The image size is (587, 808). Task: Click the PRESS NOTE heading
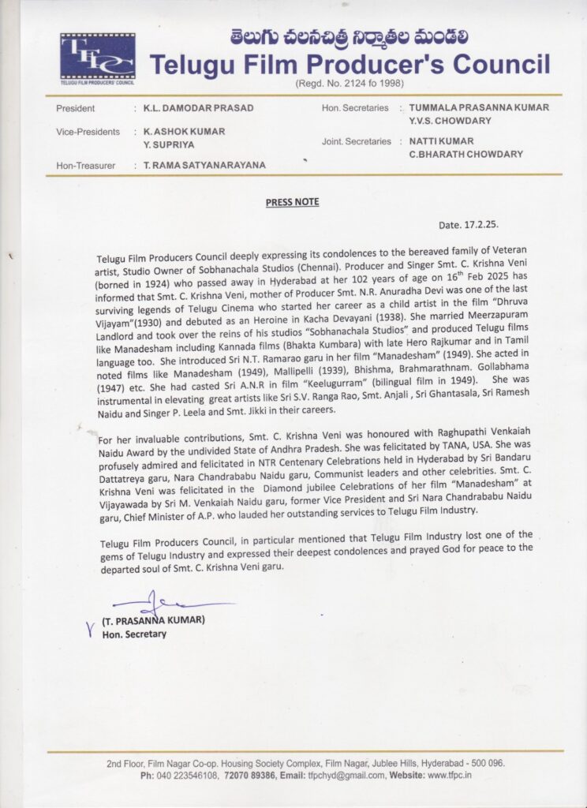pyautogui.click(x=292, y=202)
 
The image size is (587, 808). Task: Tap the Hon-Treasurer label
pyautogui.click(x=87, y=165)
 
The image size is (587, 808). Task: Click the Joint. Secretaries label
pyautogui.click(x=357, y=141)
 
